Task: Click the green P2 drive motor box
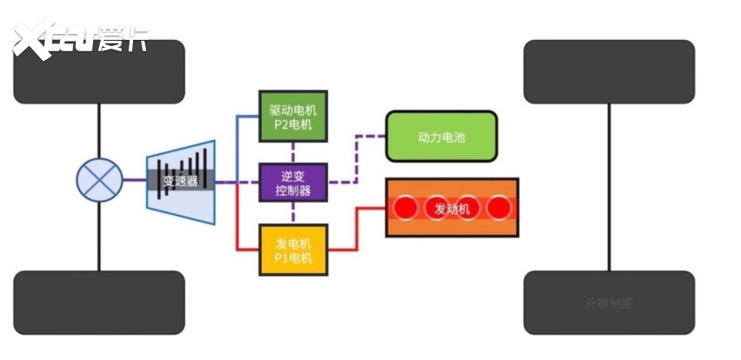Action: point(293,117)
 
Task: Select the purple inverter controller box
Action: point(293,183)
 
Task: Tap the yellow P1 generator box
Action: point(293,250)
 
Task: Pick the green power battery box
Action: point(441,136)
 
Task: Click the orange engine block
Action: point(452,208)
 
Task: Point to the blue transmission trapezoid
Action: point(181,182)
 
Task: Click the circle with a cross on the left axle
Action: point(99,182)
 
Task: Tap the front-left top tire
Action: point(99,71)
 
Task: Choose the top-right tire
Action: point(609,71)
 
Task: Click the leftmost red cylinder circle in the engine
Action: point(405,209)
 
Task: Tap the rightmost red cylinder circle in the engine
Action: point(498,209)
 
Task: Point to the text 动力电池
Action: point(441,136)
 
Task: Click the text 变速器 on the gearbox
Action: point(179,182)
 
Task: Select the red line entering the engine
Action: point(370,209)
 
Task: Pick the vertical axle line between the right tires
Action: point(609,187)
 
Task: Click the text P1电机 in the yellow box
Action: point(293,258)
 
